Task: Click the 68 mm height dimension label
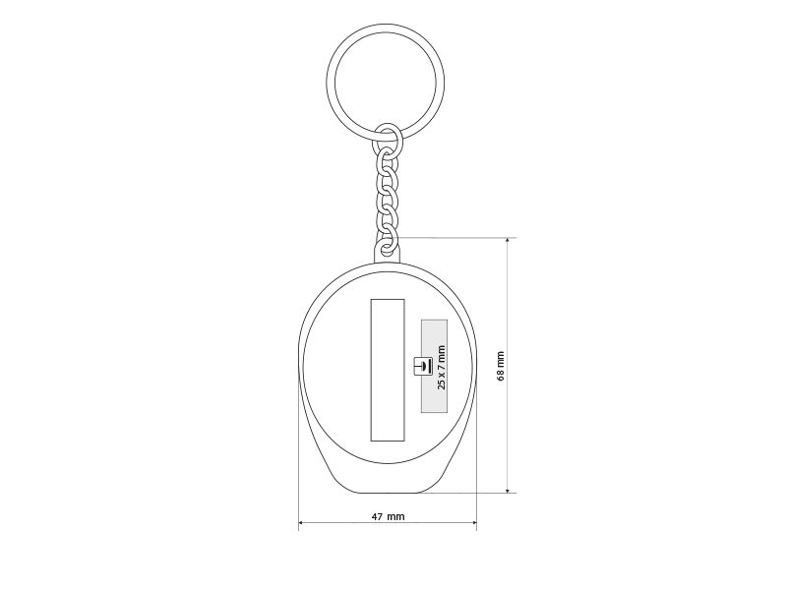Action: click(501, 366)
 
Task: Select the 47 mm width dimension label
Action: click(388, 516)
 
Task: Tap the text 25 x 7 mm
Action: click(441, 367)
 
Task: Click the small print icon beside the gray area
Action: click(423, 366)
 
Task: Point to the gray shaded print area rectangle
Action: click(434, 366)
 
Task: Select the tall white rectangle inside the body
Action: click(388, 371)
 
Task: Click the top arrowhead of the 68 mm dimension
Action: click(508, 240)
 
